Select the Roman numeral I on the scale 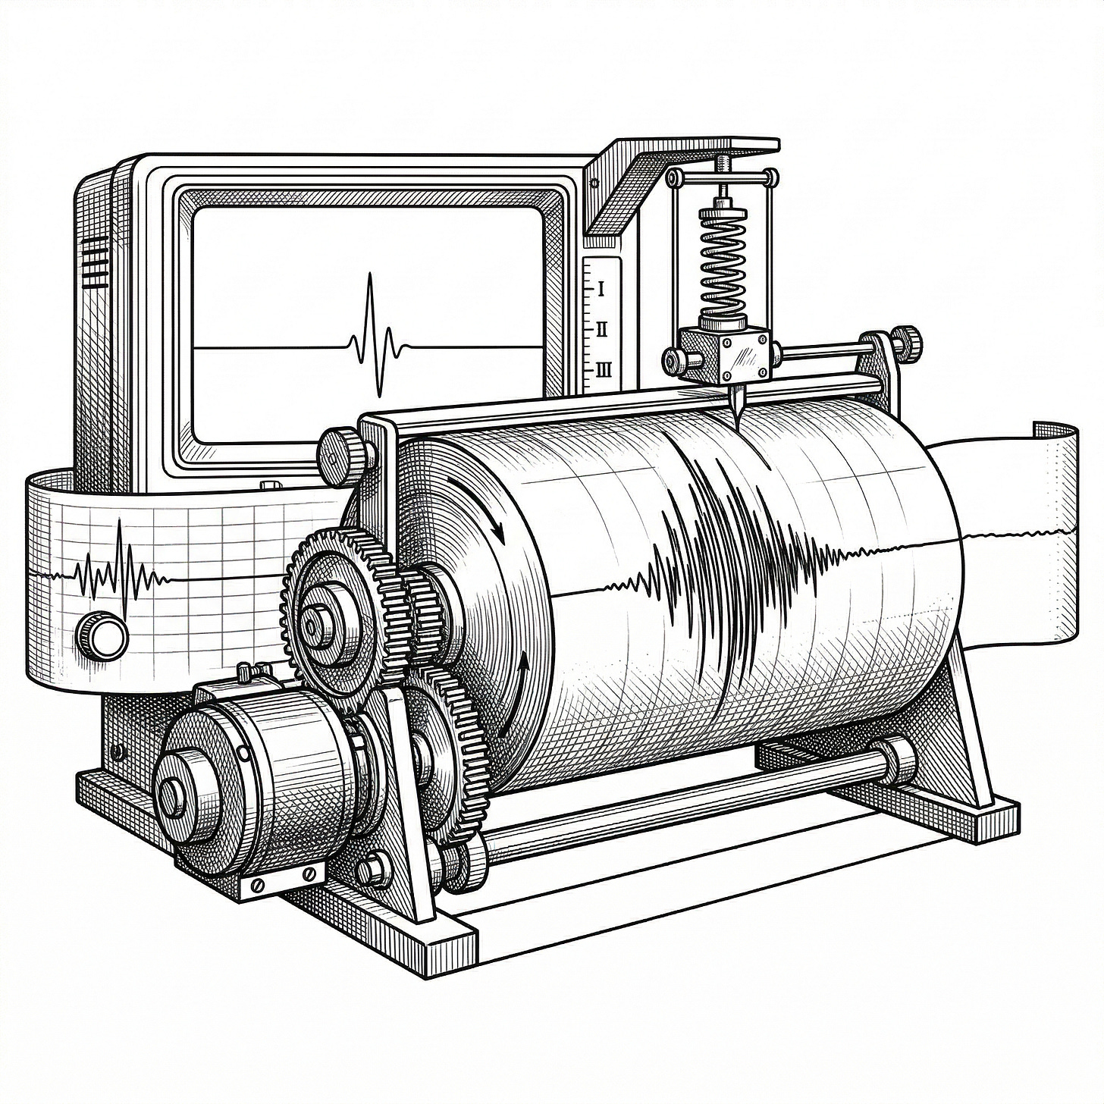click(x=601, y=290)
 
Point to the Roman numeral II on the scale click(x=602, y=330)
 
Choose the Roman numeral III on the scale click(x=604, y=370)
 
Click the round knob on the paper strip click(x=102, y=635)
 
